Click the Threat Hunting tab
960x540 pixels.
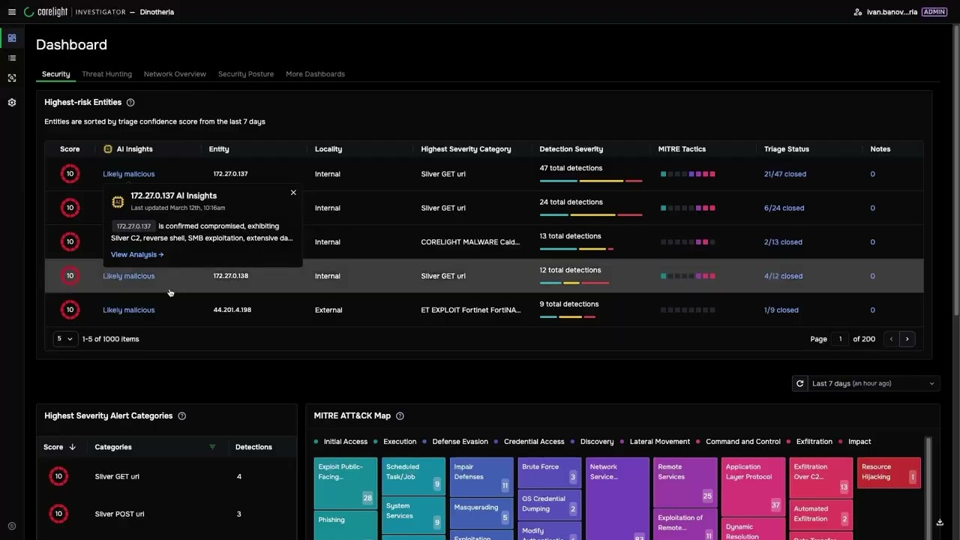[106, 74]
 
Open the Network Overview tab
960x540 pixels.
[175, 74]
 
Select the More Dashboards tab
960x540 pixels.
[315, 74]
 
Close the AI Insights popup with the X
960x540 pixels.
[293, 193]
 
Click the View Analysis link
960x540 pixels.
[136, 255]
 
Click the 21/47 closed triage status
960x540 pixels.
[784, 174]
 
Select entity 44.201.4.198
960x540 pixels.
[232, 310]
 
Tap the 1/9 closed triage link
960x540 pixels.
[781, 310]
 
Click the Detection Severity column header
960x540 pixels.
[571, 149]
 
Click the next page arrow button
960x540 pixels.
[907, 339]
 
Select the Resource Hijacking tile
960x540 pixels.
[888, 472]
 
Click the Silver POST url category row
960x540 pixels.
[119, 514]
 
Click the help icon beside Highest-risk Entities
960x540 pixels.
[130, 103]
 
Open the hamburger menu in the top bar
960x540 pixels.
[11, 12]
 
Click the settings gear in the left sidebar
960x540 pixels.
[11, 103]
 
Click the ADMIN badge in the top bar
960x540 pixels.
[934, 12]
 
